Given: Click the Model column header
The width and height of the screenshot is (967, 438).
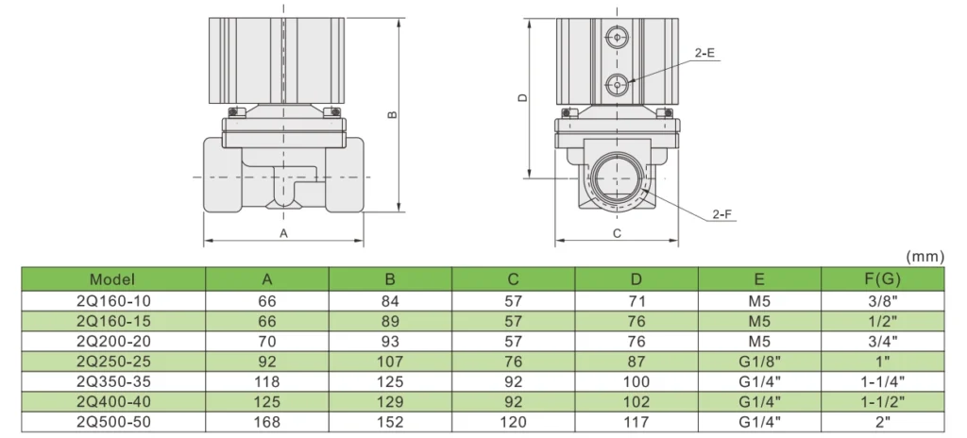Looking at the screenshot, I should [x=112, y=279].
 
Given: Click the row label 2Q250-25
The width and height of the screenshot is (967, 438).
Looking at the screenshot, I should [x=112, y=361].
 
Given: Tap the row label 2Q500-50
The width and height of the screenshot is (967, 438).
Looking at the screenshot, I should [x=112, y=422].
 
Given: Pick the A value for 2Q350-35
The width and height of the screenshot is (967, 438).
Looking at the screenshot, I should [x=267, y=381].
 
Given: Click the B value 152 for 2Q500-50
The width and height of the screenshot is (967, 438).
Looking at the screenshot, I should [x=390, y=422].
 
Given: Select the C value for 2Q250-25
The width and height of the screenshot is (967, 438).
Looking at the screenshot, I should [x=513, y=361].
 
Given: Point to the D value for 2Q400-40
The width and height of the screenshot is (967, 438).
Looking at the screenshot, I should [x=636, y=402].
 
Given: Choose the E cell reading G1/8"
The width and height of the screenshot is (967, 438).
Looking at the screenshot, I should [x=759, y=361].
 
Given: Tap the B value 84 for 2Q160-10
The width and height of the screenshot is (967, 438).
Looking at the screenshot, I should [x=390, y=300].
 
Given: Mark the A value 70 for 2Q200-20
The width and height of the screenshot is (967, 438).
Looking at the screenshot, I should [x=267, y=341].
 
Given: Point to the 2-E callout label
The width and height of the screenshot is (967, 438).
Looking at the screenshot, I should [x=704, y=54].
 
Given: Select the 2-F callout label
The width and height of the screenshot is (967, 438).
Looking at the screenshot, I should [x=722, y=214].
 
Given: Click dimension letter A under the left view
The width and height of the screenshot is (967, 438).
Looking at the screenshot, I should [x=282, y=231].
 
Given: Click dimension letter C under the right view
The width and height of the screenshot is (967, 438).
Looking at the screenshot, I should [x=616, y=231].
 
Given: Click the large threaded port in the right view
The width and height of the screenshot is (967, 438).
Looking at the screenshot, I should [x=616, y=177].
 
